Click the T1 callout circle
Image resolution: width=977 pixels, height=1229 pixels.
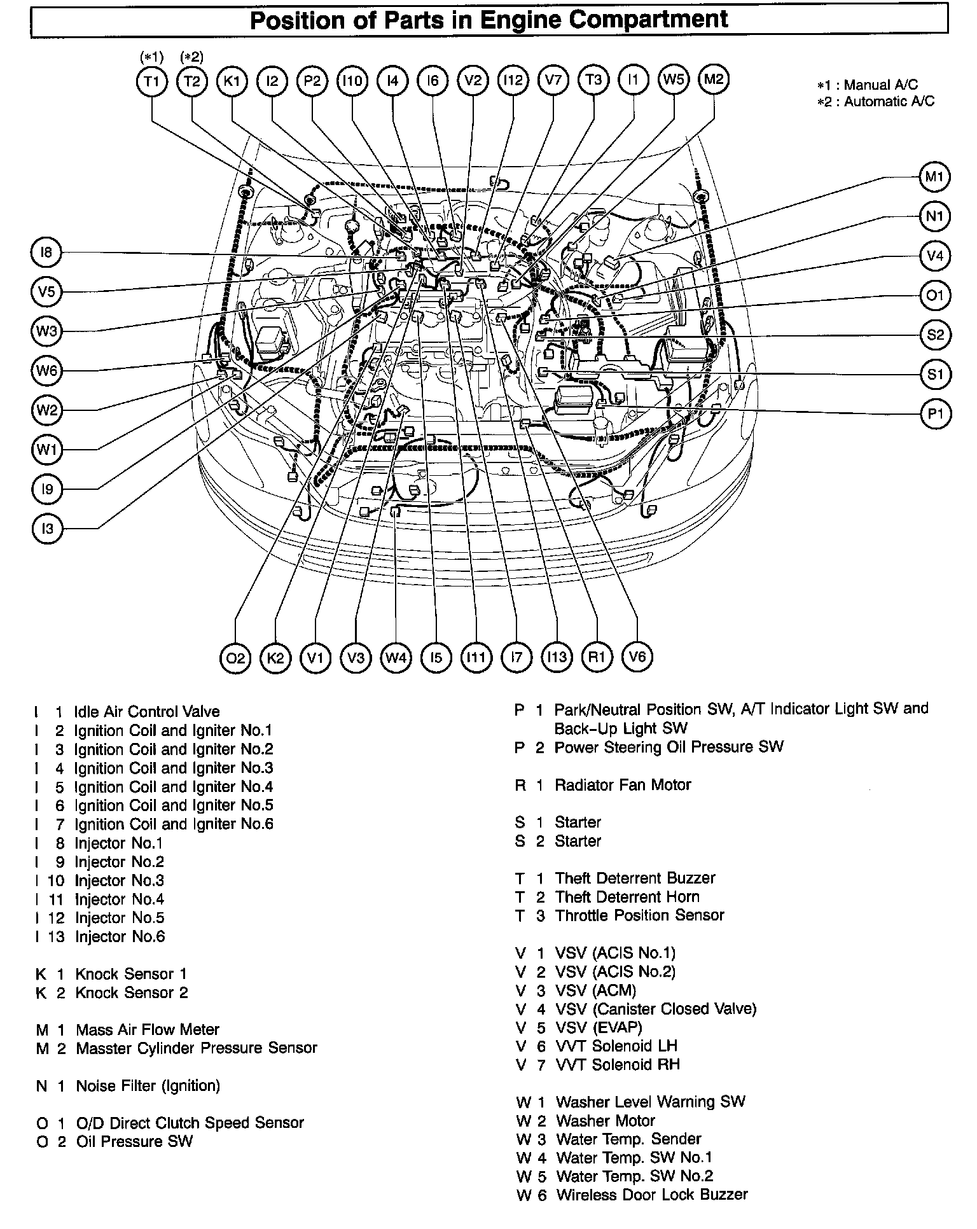[151, 81]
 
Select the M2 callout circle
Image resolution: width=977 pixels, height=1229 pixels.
[713, 79]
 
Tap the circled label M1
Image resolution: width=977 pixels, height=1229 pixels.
[934, 177]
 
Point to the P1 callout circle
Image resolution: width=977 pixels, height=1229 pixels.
[935, 414]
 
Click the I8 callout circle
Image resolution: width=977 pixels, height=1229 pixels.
[46, 253]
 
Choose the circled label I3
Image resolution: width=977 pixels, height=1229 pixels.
[47, 529]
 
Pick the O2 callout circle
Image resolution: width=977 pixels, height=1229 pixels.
[235, 657]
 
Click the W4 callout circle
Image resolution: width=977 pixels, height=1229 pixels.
[396, 657]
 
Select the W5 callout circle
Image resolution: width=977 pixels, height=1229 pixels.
[673, 80]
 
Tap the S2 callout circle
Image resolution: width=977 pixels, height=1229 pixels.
[935, 335]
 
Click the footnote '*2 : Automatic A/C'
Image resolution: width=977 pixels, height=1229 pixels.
[876, 101]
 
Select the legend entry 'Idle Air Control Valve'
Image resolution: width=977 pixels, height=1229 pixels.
[147, 712]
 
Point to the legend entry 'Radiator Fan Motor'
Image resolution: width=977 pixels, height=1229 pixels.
[622, 785]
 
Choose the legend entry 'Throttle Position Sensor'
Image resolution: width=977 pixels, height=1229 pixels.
[639, 915]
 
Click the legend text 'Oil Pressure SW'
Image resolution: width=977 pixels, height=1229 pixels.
[134, 1142]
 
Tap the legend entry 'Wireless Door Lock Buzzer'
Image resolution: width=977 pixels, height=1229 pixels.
[651, 1195]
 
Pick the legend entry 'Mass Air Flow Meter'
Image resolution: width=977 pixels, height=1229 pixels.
[148, 1030]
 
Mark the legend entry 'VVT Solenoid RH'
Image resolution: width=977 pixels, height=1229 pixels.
[617, 1065]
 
